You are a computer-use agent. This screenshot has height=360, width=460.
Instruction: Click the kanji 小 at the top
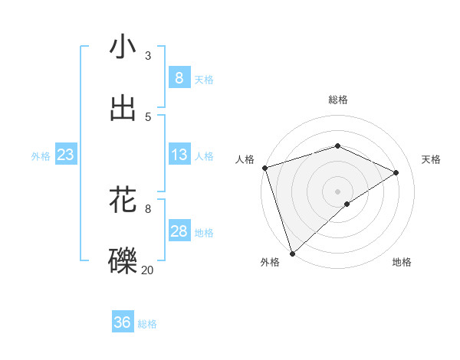click(x=123, y=47)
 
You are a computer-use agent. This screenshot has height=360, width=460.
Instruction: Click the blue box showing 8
click(x=179, y=77)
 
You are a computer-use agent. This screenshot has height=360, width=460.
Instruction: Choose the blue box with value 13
click(x=179, y=155)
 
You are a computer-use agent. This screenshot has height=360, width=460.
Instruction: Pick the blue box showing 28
click(x=179, y=231)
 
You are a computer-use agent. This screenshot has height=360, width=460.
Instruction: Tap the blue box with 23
click(x=65, y=155)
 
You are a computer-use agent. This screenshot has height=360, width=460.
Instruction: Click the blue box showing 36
click(x=122, y=322)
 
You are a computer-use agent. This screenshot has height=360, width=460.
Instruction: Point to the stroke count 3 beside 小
click(x=148, y=55)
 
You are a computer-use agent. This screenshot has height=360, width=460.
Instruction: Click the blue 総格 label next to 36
click(x=147, y=324)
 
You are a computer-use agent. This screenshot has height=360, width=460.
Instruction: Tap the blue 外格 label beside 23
click(x=41, y=155)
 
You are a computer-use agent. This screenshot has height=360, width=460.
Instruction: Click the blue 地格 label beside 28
click(x=204, y=233)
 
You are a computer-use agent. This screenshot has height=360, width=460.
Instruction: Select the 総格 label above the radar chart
click(x=338, y=100)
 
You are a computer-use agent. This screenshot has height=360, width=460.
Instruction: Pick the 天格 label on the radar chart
click(x=432, y=159)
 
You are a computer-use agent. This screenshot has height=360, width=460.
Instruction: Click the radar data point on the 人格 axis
click(x=264, y=168)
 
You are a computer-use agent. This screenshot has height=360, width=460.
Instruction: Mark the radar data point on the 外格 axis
click(x=292, y=253)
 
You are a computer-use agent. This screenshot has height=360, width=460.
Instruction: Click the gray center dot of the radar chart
click(x=337, y=191)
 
